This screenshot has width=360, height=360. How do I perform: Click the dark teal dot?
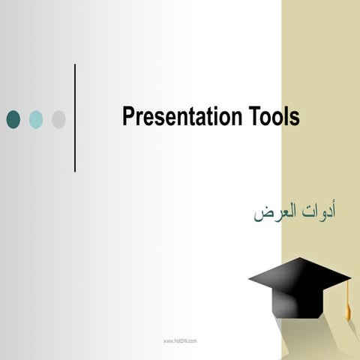pyautogui.click(x=13, y=119)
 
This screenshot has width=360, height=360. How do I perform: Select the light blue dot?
pyautogui.click(x=36, y=119)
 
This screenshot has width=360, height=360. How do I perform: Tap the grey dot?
pyautogui.click(x=58, y=119)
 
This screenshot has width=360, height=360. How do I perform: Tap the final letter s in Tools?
pyautogui.click(x=295, y=119)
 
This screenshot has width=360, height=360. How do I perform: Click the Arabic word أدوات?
pyautogui.click(x=319, y=211)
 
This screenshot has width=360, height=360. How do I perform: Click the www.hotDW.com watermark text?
pyautogui.click(x=180, y=340)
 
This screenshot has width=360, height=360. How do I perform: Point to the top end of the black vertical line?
pyautogui.click(x=75, y=66)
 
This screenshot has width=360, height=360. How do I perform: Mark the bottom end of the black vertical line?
pyautogui.click(x=75, y=170)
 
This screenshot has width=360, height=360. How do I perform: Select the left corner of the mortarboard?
pyautogui.click(x=250, y=278)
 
